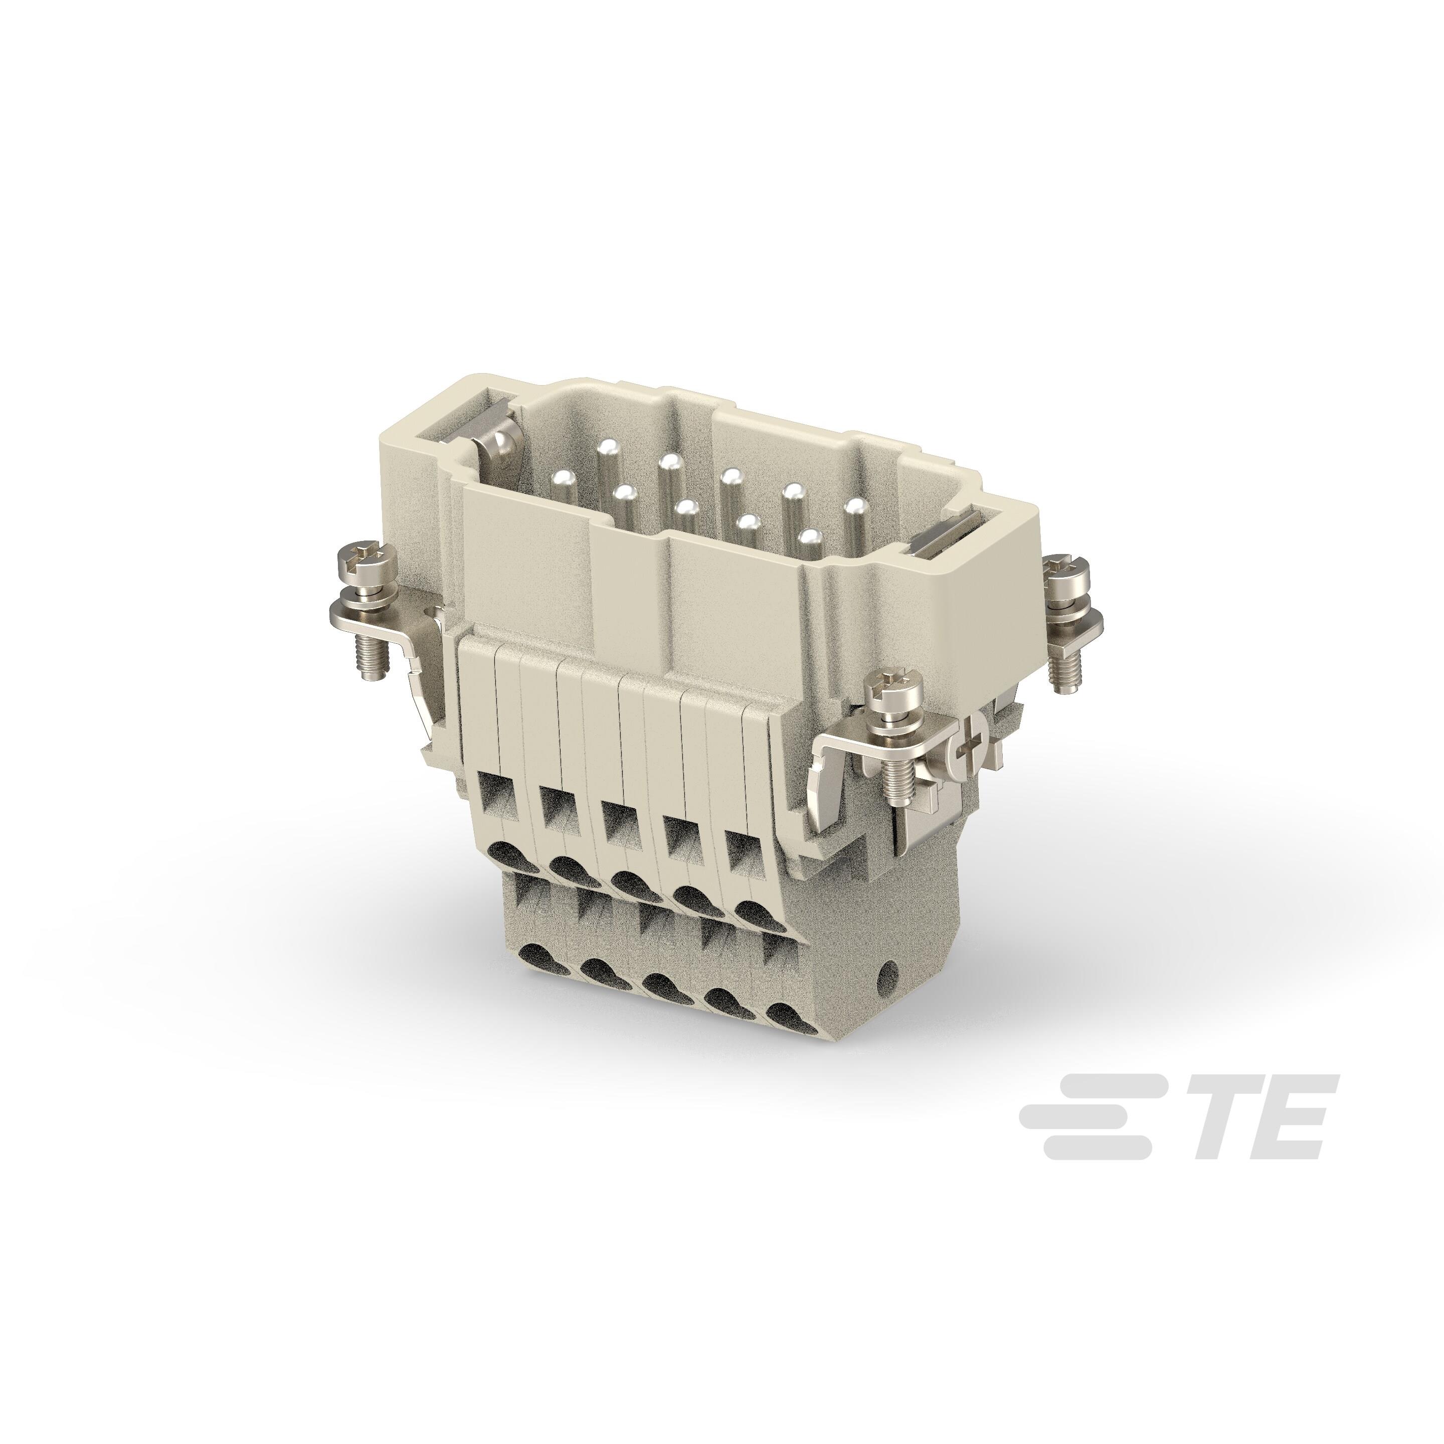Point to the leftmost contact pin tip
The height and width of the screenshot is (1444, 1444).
[x=560, y=477]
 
